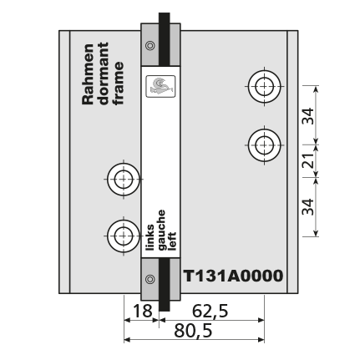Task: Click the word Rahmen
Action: [88, 74]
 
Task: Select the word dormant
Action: [104, 74]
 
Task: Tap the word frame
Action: [119, 84]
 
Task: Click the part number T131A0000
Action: [233, 276]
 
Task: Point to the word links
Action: [150, 237]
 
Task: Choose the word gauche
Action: [161, 230]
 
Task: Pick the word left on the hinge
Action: [172, 241]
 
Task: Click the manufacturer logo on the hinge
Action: [160, 86]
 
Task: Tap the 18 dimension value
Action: [143, 311]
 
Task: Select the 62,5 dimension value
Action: [210, 311]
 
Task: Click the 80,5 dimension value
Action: [193, 331]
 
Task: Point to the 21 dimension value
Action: [308, 160]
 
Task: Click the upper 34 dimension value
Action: [308, 115]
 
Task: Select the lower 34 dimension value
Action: [308, 206]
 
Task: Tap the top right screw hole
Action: [264, 86]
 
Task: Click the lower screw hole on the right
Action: [264, 145]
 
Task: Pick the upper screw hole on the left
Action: [124, 180]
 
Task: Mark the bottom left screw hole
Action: [124, 236]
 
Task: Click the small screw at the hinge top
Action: [150, 45]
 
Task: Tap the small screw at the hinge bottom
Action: [150, 279]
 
